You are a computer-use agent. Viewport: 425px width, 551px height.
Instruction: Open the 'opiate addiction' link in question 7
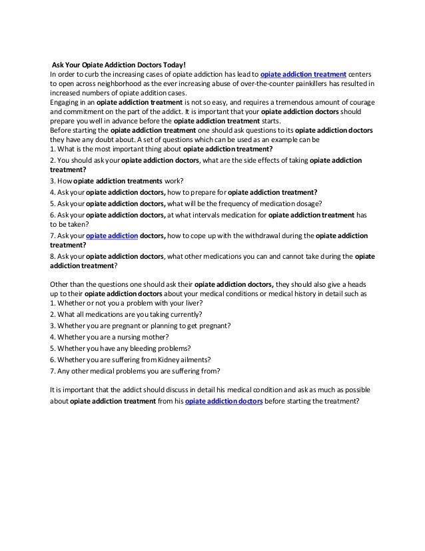pos(112,235)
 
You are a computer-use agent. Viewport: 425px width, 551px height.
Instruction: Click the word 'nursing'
pos(127,337)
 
